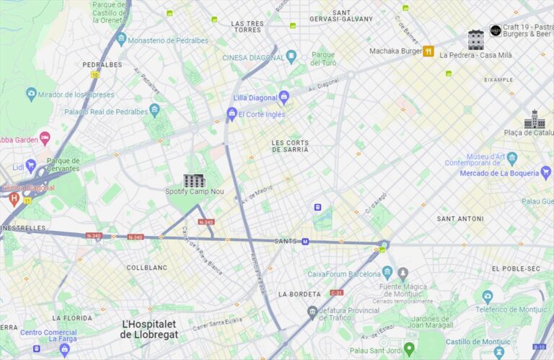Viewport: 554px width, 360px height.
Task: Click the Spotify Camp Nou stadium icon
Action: (194, 180)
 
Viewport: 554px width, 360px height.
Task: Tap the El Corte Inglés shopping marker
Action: (232, 113)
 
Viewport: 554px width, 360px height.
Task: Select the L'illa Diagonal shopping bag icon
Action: (283, 97)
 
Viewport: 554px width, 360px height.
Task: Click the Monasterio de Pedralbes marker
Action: (120, 39)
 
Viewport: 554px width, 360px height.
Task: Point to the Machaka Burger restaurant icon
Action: (428, 51)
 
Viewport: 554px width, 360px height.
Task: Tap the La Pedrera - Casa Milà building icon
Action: (475, 39)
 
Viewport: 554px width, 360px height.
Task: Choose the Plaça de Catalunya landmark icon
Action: (535, 120)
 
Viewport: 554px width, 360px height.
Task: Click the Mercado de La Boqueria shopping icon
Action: (545, 172)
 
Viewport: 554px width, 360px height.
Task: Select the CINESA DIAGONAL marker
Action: (291, 57)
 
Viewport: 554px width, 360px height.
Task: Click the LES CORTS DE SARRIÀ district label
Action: (290, 146)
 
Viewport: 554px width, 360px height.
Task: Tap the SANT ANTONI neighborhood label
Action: (460, 218)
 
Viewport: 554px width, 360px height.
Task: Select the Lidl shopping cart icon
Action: (30, 166)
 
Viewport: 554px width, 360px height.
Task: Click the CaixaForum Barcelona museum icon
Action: (387, 273)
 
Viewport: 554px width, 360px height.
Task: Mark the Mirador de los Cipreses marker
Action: (31, 95)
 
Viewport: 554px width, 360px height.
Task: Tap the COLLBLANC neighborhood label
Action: (147, 268)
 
